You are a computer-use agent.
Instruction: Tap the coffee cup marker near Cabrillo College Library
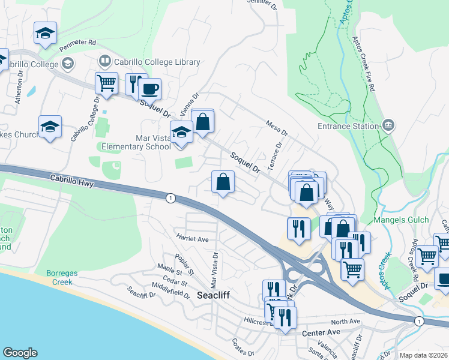[x=149, y=89]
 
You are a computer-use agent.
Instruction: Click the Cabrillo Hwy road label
[x=71, y=181]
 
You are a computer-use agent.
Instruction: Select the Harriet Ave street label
[x=191, y=239]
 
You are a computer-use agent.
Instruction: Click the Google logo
[x=20, y=353]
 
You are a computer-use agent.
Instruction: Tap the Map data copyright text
[x=424, y=355]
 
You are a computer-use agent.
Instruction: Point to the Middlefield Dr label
[x=170, y=293]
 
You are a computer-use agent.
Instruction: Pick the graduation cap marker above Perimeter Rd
[x=45, y=34]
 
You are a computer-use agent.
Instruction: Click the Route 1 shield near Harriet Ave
[x=170, y=199]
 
